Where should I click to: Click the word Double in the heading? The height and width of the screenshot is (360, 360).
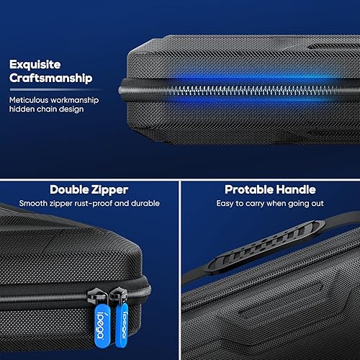pos(70,189)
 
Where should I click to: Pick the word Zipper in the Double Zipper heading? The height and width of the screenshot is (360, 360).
pos(109,189)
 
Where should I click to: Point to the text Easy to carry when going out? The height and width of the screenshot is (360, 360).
pos(270,204)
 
